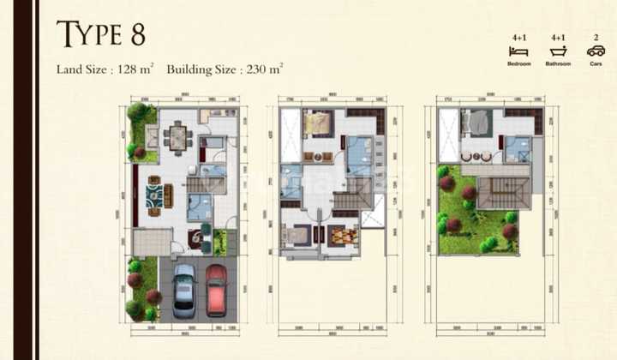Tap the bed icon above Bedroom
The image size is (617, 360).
518,51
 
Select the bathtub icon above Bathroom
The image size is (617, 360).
558,51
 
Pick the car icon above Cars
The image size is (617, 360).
596,51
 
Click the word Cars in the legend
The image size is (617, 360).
596,64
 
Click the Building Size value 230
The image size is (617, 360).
257,69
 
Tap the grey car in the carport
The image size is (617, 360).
184,289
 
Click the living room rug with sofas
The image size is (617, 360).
157,196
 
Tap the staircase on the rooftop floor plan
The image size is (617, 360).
492,193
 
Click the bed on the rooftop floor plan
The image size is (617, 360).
477,124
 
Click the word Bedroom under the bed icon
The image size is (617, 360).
518,64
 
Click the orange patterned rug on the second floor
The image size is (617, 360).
341,235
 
